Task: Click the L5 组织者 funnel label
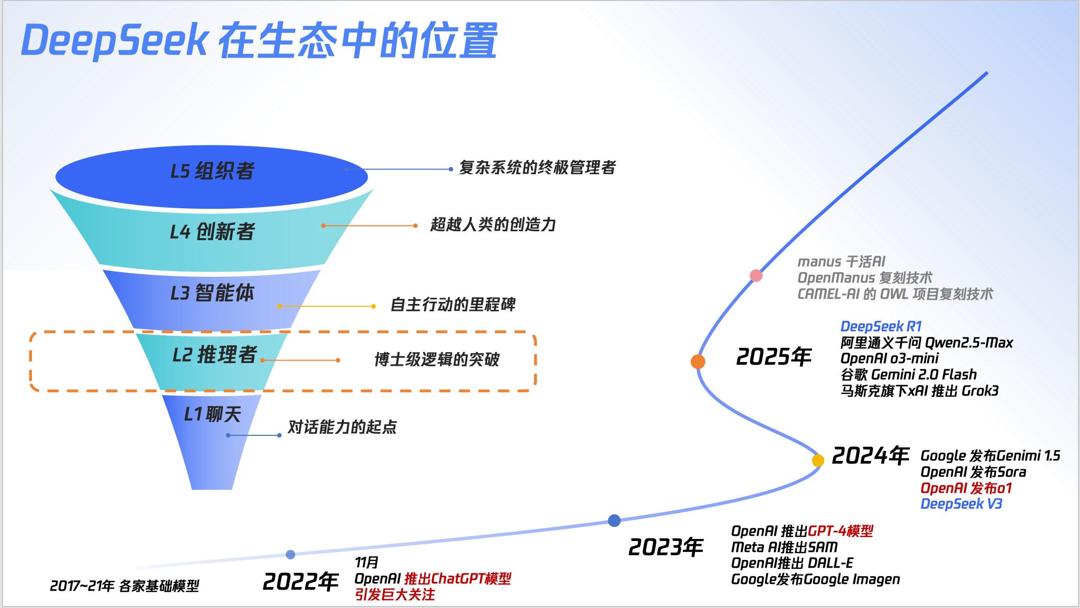[212, 171]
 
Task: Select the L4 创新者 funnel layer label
[212, 232]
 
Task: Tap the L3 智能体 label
[212, 293]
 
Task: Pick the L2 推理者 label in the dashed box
[215, 355]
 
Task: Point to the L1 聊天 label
[212, 414]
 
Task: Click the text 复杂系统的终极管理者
[537, 168]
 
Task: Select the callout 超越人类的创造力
[493, 225]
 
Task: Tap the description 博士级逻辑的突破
[437, 360]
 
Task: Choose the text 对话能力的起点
[342, 427]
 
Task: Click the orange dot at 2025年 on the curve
[698, 362]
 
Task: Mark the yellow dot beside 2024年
[818, 460]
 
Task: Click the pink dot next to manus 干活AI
[756, 276]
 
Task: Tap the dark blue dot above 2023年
[614, 521]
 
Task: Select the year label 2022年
[301, 582]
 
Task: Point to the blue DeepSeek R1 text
[881, 326]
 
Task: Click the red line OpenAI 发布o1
[966, 488]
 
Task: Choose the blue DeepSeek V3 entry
[961, 504]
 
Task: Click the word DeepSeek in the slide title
[115, 41]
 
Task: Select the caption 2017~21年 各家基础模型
[125, 586]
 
